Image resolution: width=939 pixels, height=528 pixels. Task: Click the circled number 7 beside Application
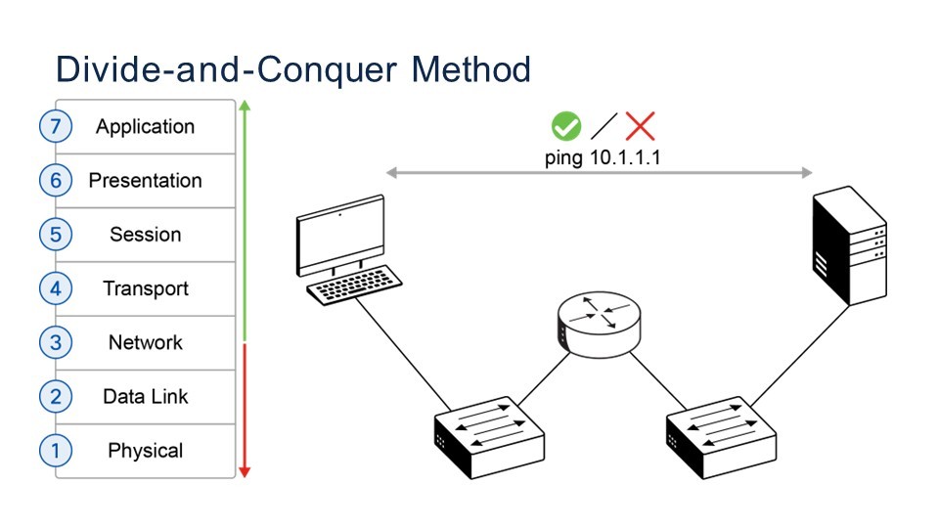tap(56, 126)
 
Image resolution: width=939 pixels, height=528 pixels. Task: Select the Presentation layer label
tap(145, 181)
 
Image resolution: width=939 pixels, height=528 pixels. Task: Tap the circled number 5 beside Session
tap(56, 235)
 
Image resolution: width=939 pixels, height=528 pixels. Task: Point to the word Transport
tap(145, 288)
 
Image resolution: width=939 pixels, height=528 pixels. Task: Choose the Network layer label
tap(145, 343)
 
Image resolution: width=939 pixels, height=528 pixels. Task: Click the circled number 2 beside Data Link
tap(56, 397)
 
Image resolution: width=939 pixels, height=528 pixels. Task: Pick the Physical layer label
tap(145, 451)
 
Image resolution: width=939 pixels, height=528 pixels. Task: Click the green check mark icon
tap(566, 125)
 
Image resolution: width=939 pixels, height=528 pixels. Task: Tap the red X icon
tap(641, 125)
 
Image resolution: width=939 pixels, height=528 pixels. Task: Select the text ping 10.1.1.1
tap(599, 157)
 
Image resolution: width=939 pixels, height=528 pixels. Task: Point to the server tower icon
tap(850, 246)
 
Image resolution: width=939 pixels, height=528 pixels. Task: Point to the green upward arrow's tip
tap(245, 103)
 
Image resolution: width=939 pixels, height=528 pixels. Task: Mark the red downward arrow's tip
tap(245, 474)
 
